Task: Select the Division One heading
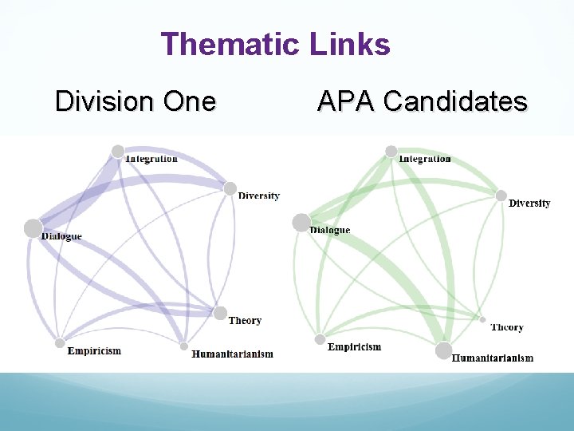click(x=136, y=101)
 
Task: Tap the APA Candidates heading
click(x=422, y=101)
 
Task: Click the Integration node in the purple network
click(x=118, y=151)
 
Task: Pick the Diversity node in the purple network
click(x=230, y=189)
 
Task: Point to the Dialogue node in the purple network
click(x=33, y=228)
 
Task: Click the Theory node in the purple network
click(x=221, y=314)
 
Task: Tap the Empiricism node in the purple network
click(x=60, y=343)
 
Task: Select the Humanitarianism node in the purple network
click(x=184, y=346)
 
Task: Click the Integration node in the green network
click(x=391, y=151)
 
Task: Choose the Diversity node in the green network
click(x=501, y=196)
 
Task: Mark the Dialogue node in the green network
click(x=301, y=223)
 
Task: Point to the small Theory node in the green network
click(x=482, y=319)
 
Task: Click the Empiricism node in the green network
click(x=320, y=339)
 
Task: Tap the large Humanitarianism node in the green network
click(x=443, y=350)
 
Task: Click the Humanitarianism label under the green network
click(x=493, y=358)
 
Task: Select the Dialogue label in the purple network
click(x=61, y=236)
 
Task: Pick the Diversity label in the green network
click(x=529, y=204)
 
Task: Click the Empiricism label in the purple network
click(x=94, y=351)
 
